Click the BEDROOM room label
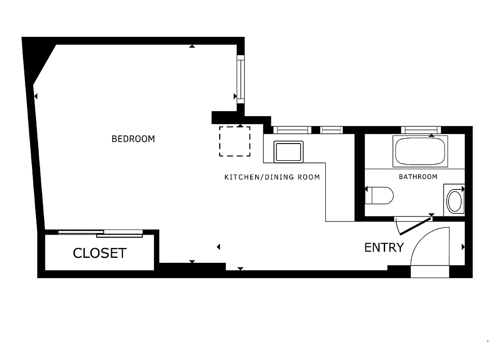[x=133, y=139]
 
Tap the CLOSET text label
[x=99, y=253]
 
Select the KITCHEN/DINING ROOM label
[x=272, y=177]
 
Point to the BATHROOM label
[x=418, y=177]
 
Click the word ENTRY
[x=384, y=247]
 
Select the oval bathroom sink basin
[x=455, y=202]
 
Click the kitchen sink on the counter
[x=288, y=152]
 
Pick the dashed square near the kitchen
[x=235, y=141]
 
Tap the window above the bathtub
[x=421, y=130]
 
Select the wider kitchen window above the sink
[x=292, y=130]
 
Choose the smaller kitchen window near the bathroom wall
[x=332, y=130]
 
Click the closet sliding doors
[x=100, y=233]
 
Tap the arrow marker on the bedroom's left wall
[x=36, y=96]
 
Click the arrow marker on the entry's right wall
[x=463, y=247]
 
